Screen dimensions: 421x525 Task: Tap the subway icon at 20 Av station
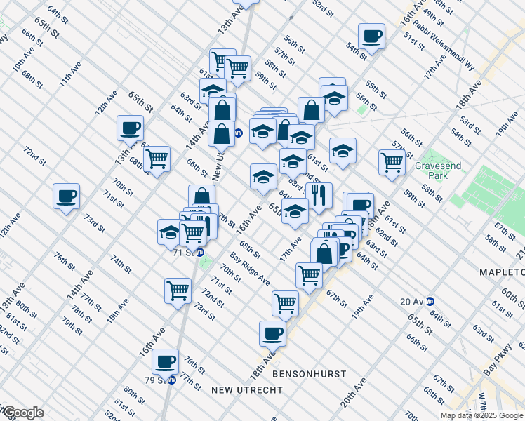pyautogui.click(x=430, y=301)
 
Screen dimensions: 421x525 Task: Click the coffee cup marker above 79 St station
pyautogui.click(x=165, y=361)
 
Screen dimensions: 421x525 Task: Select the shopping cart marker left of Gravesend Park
pyautogui.click(x=392, y=161)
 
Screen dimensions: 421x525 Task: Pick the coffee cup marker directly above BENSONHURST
pyautogui.click(x=272, y=333)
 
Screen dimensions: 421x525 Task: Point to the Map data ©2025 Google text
pyautogui.click(x=481, y=415)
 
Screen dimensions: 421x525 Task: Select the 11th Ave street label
pyautogui.click(x=68, y=74)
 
